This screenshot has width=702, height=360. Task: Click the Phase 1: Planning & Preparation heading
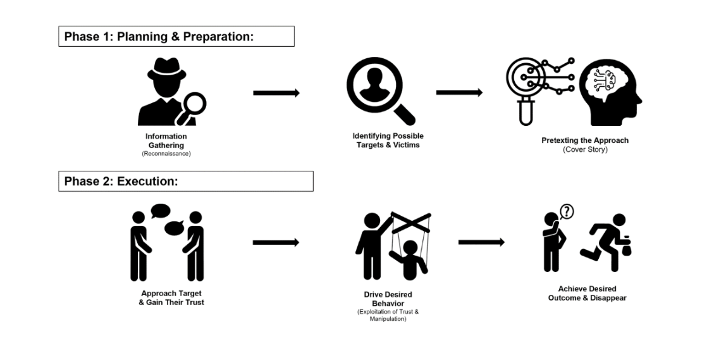159,37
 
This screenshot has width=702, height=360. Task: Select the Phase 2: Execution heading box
186,181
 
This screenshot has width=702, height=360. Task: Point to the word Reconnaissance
166,154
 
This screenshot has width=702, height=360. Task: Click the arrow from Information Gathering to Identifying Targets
276,92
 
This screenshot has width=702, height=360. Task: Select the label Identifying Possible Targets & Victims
388,140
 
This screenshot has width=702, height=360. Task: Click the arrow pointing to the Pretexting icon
459,92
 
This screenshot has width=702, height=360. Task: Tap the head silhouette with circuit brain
610,93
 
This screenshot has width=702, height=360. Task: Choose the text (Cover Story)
585,149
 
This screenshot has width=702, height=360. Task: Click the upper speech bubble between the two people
160,211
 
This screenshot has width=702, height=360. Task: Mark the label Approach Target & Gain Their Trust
171,298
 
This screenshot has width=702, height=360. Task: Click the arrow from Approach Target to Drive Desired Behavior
276,243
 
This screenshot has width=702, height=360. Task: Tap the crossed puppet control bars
411,222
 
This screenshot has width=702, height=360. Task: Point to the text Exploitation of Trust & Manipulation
388,315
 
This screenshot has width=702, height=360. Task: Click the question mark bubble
567,211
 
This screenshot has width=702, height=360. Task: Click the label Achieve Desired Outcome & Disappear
588,294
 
